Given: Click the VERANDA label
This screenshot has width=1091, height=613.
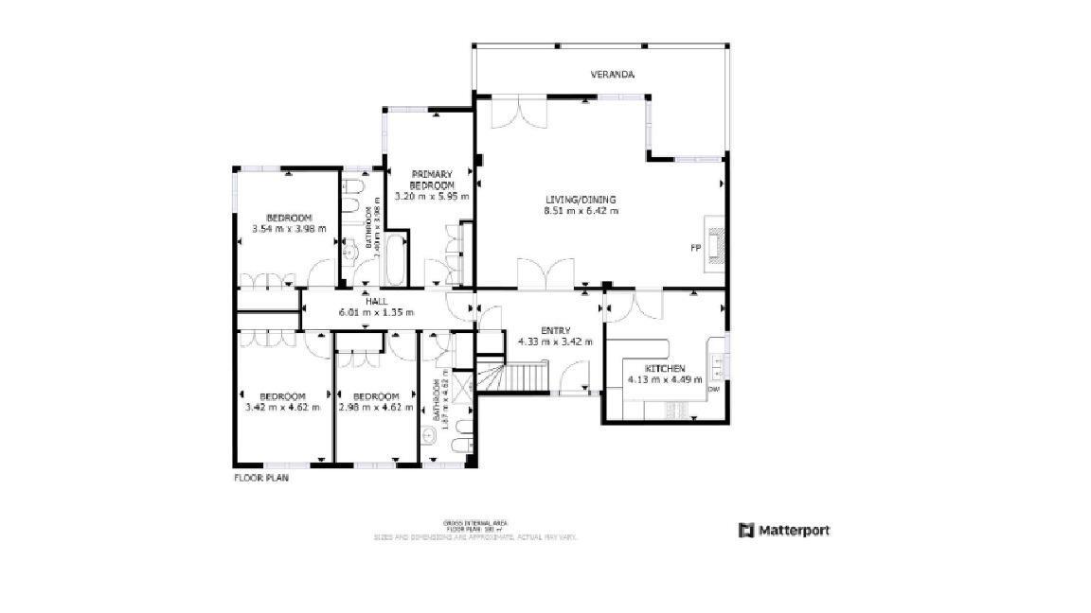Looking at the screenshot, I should (x=612, y=74).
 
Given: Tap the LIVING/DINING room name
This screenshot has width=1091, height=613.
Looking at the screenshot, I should (x=581, y=200).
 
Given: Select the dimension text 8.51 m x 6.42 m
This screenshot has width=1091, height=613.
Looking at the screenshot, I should (x=581, y=211).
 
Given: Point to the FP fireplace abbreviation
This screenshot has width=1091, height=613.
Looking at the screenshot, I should (x=694, y=248).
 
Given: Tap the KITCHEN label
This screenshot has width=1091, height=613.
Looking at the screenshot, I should (x=665, y=368).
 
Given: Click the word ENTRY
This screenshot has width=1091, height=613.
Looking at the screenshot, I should (x=555, y=330).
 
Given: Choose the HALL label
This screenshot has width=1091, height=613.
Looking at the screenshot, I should (x=376, y=301).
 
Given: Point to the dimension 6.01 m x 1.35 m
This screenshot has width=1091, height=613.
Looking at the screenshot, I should (x=376, y=312).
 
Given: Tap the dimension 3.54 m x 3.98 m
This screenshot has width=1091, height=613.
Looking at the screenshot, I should (x=289, y=229).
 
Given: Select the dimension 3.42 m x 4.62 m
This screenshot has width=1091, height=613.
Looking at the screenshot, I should (x=282, y=408).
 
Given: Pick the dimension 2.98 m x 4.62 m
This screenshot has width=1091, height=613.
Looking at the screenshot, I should (x=376, y=408).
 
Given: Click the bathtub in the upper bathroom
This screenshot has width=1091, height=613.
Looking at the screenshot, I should (x=395, y=261).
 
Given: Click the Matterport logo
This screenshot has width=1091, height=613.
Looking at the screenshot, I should (x=783, y=531).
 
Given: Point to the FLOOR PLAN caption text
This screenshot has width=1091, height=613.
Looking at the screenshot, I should (x=261, y=479).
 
